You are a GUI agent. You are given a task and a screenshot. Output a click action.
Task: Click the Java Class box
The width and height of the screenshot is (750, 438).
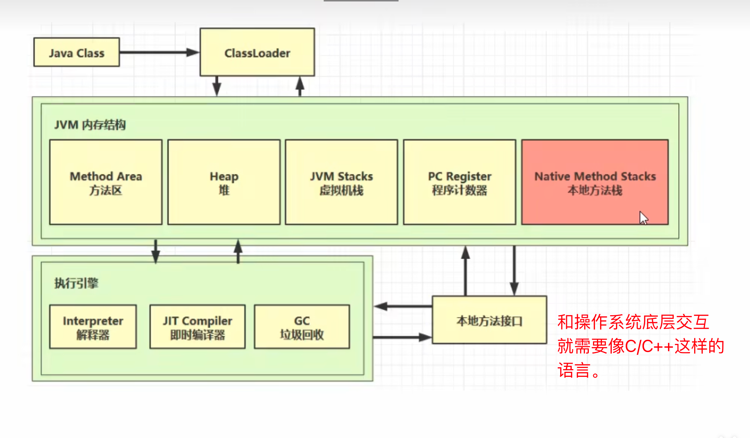(x=76, y=52)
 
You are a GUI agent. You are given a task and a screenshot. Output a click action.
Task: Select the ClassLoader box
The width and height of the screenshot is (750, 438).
(x=257, y=52)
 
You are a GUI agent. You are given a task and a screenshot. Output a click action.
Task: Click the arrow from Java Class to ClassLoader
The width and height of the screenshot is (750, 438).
(x=159, y=52)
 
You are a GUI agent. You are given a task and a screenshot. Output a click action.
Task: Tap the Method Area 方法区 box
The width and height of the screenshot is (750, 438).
(x=106, y=182)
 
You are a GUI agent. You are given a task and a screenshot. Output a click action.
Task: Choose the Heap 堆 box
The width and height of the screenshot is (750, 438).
(x=224, y=182)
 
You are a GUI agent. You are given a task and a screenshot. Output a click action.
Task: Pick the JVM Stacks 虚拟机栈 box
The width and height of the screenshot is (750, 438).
(x=341, y=182)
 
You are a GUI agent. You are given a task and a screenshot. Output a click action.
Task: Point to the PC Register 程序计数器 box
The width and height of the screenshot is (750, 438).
(x=459, y=182)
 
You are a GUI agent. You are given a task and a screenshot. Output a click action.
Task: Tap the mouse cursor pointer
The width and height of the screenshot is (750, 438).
(x=643, y=217)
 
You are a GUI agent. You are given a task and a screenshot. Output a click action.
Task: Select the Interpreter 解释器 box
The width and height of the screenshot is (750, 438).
(x=93, y=327)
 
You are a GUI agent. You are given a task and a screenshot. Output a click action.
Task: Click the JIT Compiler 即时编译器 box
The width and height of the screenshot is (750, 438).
(x=197, y=327)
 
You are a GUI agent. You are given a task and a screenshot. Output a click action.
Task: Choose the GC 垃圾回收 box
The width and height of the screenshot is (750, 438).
(x=302, y=327)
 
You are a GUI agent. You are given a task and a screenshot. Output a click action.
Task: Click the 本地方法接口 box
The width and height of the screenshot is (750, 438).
(x=489, y=321)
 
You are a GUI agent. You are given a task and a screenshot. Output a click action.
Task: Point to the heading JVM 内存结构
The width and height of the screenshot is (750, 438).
(x=90, y=125)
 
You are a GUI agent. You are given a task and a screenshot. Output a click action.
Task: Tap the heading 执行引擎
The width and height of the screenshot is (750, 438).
(x=76, y=283)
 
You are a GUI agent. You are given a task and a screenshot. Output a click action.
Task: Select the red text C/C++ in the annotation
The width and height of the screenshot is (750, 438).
(x=649, y=346)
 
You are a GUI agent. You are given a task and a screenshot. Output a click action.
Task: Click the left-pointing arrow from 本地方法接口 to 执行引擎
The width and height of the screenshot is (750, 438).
(x=403, y=306)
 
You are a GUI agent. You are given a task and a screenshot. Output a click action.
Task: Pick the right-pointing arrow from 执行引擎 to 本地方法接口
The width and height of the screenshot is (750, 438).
(x=403, y=337)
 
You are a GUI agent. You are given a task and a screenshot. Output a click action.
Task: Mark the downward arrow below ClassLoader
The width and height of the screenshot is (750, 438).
(x=217, y=86)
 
